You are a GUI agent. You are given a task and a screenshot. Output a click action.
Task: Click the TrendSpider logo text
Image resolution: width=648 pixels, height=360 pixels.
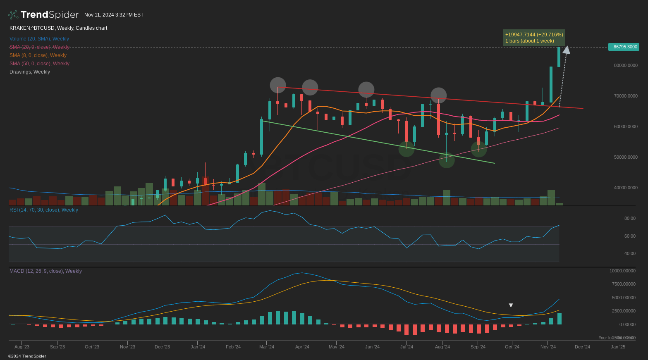click(50, 15)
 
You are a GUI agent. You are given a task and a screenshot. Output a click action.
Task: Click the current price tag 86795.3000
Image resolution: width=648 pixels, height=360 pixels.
click(624, 47)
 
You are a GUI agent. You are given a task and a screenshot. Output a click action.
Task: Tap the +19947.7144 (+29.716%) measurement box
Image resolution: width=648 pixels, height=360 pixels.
click(534, 38)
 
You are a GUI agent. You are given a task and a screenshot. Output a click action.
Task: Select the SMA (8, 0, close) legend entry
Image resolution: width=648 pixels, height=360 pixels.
click(38, 55)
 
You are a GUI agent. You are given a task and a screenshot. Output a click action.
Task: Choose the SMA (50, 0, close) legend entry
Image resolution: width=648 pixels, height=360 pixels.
click(39, 64)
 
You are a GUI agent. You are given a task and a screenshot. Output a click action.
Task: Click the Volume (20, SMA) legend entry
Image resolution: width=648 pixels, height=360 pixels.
click(39, 39)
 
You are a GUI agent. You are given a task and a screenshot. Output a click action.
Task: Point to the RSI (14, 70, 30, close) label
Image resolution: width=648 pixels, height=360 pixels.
click(44, 210)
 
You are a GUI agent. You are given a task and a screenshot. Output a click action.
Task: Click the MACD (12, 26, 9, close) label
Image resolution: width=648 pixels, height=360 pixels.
click(45, 271)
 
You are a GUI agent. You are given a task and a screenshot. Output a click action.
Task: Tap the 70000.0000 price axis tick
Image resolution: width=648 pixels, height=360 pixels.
click(625, 96)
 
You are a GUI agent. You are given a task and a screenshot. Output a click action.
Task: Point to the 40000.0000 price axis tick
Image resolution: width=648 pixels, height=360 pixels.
click(625, 188)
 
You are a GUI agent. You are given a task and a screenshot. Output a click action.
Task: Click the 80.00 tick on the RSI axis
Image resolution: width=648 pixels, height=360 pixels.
click(630, 218)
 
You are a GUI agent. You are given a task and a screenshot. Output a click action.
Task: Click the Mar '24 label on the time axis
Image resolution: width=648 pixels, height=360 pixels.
click(267, 347)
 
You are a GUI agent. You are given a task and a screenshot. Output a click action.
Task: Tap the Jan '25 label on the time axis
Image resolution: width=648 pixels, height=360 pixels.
click(618, 347)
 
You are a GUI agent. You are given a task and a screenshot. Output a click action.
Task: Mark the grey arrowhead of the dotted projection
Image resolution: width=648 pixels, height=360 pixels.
click(567, 50)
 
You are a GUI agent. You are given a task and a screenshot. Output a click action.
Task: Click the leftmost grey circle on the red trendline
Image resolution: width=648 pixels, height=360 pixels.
click(278, 85)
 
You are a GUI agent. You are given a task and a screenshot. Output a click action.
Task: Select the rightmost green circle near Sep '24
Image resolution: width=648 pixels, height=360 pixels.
click(479, 149)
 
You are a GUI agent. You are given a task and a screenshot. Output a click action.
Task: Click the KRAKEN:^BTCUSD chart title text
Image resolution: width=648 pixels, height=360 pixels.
click(58, 28)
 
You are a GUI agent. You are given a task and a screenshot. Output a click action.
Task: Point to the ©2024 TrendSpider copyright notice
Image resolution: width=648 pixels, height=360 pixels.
click(27, 356)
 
